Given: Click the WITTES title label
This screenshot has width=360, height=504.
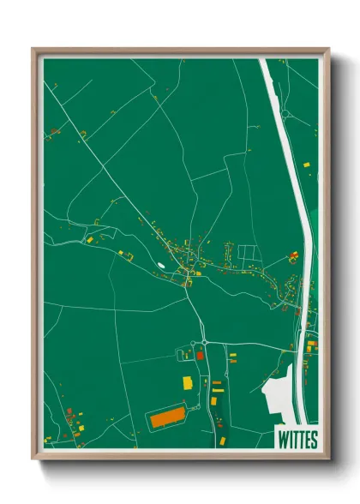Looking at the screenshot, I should coord(297,439).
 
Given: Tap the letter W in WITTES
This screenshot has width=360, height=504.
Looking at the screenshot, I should coord(284,439).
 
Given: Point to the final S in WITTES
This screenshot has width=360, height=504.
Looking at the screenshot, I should coord(313,439).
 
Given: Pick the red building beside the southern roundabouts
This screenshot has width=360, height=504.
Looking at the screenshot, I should coord(199,354).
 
